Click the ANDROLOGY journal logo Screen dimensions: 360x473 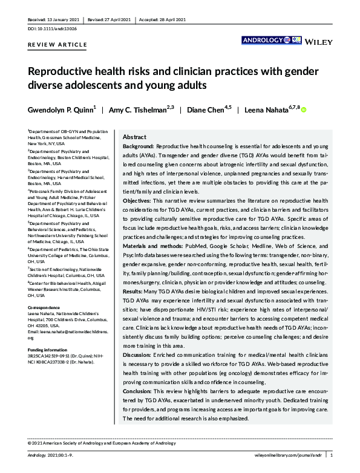pyautogui.click(x=261, y=41)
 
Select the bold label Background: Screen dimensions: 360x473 pyautogui.click(x=138, y=147)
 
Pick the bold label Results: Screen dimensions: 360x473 pyautogui.click(x=134, y=292)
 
